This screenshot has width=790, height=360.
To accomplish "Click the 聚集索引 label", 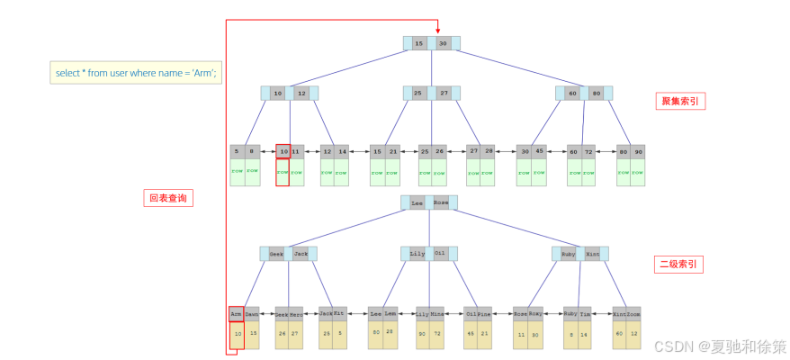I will point(679,101).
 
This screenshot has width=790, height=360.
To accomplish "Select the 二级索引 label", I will point(679,265).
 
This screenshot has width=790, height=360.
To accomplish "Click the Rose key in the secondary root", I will point(441,203).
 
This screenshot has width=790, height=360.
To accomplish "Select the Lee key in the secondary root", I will point(417,203).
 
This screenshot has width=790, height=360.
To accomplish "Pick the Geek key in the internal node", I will point(276,254).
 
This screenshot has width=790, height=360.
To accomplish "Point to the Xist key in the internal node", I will point(592,254).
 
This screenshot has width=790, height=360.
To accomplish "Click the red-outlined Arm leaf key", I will point(236,314).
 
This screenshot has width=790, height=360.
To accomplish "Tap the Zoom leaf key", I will point(633,314).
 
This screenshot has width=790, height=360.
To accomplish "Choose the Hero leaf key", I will point(296,314).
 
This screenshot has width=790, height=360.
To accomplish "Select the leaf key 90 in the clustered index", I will point(638,151).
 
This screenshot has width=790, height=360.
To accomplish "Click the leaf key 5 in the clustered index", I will point(238,151).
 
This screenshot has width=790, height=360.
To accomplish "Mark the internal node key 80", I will point(596,93).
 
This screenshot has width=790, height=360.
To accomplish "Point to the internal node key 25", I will point(418,93).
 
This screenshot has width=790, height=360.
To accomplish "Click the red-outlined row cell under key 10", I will point(283,172).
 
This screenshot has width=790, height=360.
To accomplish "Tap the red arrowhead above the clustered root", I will point(437,29).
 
